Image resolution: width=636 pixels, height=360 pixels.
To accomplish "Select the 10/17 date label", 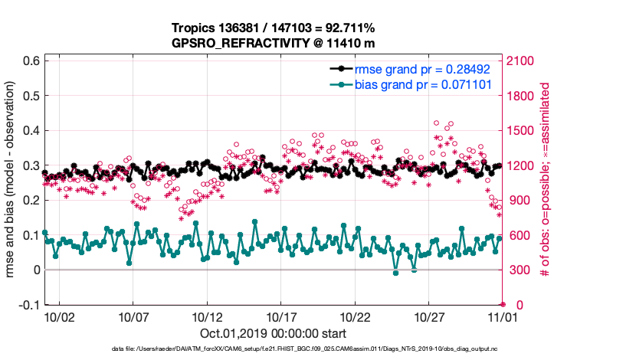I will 281,316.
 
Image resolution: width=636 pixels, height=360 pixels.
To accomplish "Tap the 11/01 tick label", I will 503,316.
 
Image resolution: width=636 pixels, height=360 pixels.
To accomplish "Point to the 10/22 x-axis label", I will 356,316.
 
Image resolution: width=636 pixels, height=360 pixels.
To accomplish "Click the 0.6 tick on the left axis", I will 31,61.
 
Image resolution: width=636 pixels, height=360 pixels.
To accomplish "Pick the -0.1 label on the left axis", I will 28,305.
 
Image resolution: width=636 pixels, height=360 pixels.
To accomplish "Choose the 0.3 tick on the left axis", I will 31,165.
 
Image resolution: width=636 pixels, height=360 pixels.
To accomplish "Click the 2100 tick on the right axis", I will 520,61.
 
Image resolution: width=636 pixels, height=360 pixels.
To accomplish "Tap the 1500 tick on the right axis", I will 520,130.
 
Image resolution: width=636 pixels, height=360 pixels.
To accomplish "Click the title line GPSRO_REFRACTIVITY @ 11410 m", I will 273,44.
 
